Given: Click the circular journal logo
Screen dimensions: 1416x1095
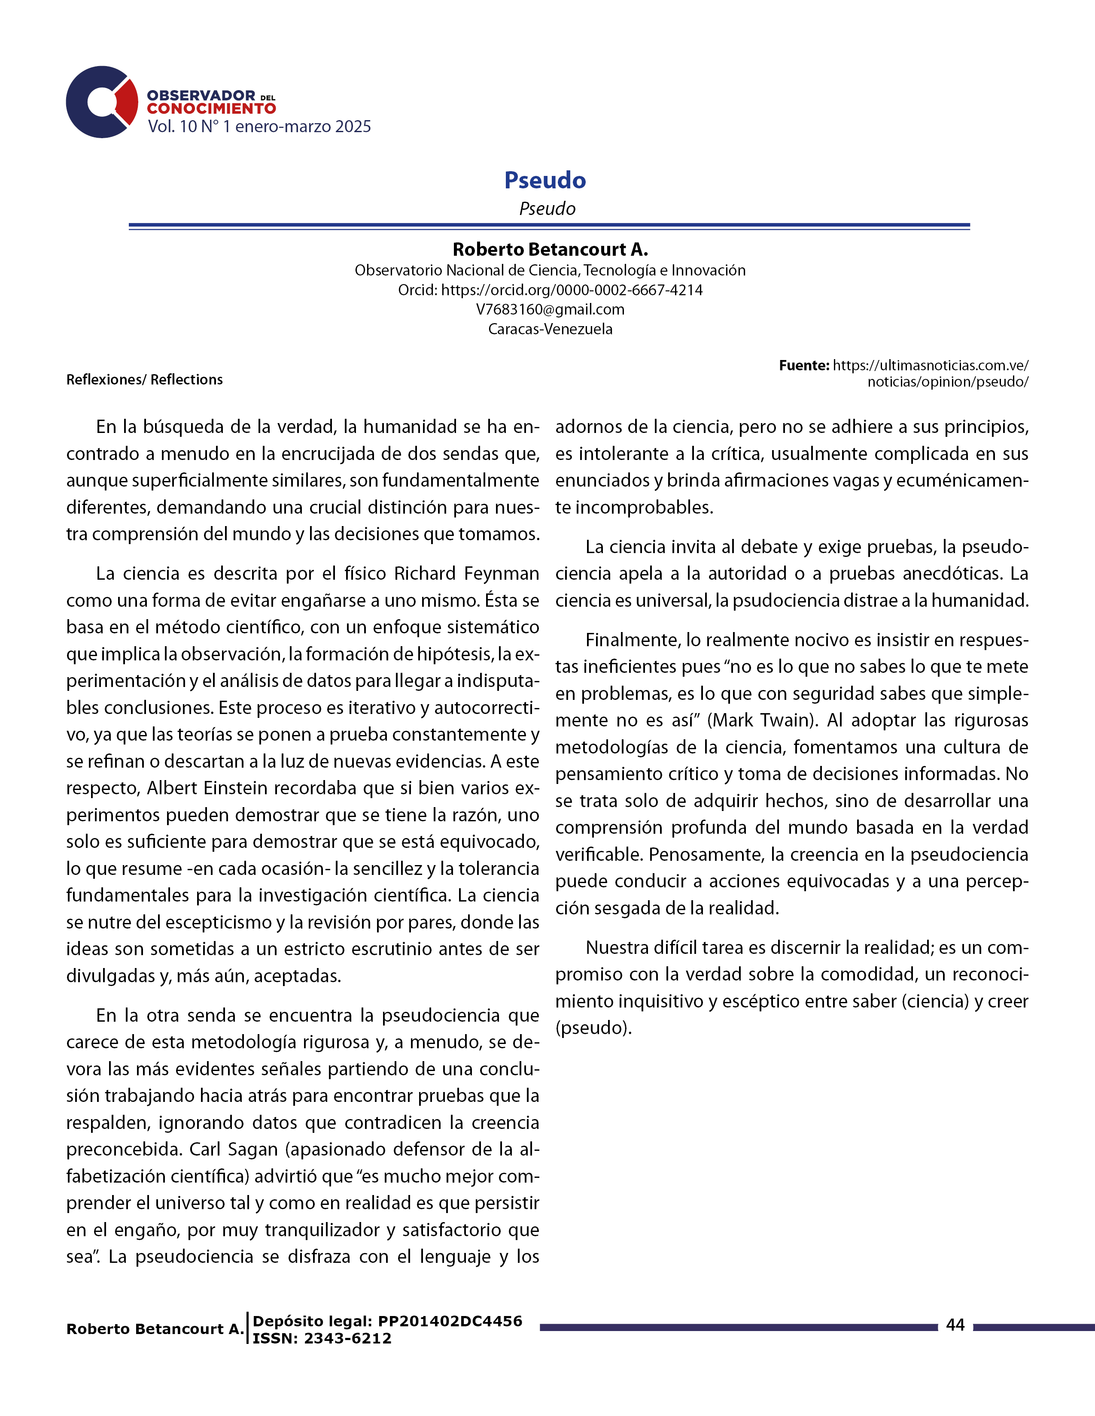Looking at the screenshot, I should pos(102,102).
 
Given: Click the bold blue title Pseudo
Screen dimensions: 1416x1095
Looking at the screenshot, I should pos(545,180).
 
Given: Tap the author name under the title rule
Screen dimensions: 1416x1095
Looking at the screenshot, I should pos(550,250).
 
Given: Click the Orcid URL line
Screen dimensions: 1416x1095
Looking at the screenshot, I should pos(550,290).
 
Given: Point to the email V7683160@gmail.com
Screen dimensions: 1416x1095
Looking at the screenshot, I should pos(550,309).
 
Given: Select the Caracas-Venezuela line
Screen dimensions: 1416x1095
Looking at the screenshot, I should pos(550,329).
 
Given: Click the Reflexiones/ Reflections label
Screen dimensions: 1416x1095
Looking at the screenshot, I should pos(144,379).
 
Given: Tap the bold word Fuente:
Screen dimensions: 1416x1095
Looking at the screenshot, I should pos(804,366).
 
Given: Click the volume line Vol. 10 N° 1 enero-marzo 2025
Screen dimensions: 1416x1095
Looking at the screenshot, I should pos(259,127).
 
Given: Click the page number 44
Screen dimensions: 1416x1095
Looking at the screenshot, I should pos(955,1325).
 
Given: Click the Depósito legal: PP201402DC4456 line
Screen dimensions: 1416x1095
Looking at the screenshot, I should pos(387,1321).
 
